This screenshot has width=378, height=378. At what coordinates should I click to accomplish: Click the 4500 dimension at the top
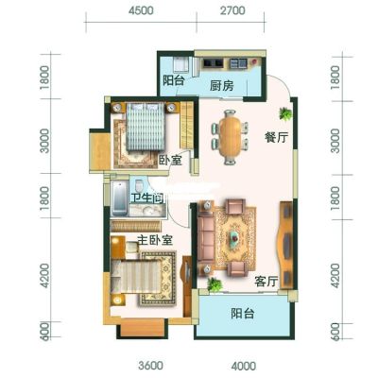[x=141, y=10]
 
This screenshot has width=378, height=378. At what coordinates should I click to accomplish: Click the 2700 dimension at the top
[x=232, y=10]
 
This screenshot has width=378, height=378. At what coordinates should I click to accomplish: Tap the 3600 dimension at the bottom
[x=151, y=366]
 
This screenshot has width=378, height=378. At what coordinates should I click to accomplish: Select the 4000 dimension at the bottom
[x=244, y=366]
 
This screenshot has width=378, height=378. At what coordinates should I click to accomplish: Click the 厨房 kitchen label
[x=222, y=85]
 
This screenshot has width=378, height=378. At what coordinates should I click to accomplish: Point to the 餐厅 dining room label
[x=276, y=137]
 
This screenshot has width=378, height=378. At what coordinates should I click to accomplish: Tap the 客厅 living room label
[x=266, y=282]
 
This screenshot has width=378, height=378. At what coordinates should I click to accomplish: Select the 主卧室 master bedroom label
[x=155, y=240]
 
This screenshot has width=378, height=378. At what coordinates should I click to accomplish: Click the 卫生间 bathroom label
[x=147, y=198]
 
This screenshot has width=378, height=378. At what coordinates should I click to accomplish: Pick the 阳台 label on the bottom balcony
[x=242, y=314]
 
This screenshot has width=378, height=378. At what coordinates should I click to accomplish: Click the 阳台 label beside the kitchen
[x=173, y=80]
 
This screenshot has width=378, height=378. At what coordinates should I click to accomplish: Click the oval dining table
[x=231, y=136]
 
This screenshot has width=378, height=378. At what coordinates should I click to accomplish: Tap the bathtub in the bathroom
[x=119, y=198]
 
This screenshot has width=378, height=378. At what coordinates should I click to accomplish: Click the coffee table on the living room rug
[x=234, y=236]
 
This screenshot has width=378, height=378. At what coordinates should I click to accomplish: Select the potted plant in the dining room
[x=285, y=113]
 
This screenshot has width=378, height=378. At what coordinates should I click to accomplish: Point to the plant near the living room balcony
[x=215, y=284]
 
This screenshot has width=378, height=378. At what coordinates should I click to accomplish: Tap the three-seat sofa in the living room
[x=206, y=236]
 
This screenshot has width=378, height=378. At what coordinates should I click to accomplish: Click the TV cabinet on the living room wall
[x=286, y=245]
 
